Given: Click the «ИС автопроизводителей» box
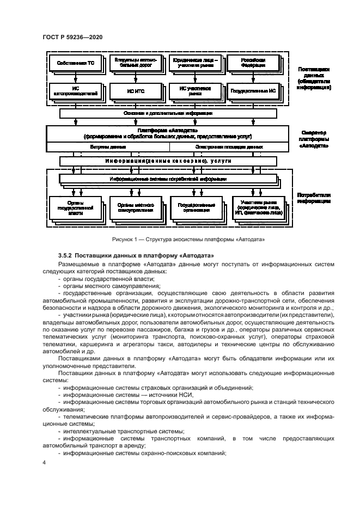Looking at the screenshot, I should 76,90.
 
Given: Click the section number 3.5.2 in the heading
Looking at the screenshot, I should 66,255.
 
